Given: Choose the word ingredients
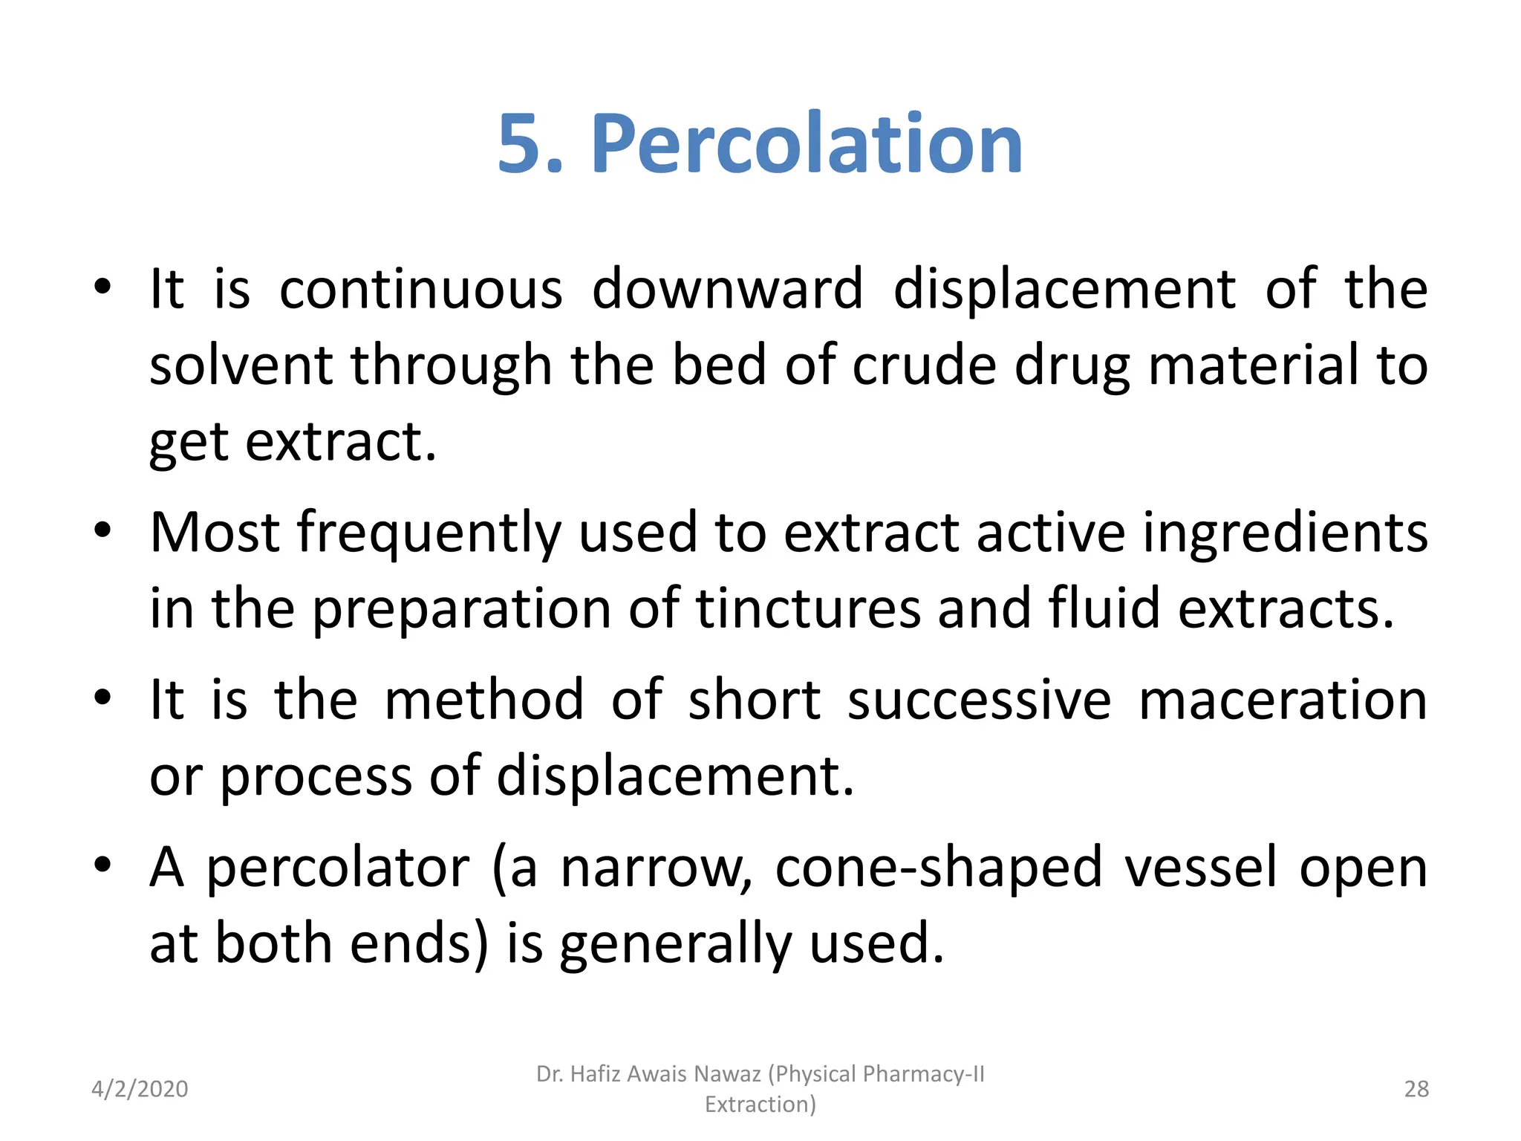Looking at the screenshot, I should (x=1285, y=533).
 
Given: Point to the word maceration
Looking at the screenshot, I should (x=1283, y=700).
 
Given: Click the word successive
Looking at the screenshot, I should (x=979, y=700).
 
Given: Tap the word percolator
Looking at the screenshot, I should (x=338, y=868).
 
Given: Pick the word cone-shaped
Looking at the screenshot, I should (x=939, y=868).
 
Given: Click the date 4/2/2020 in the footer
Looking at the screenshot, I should (x=140, y=1089).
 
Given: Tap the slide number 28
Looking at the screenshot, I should (x=1416, y=1089).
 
